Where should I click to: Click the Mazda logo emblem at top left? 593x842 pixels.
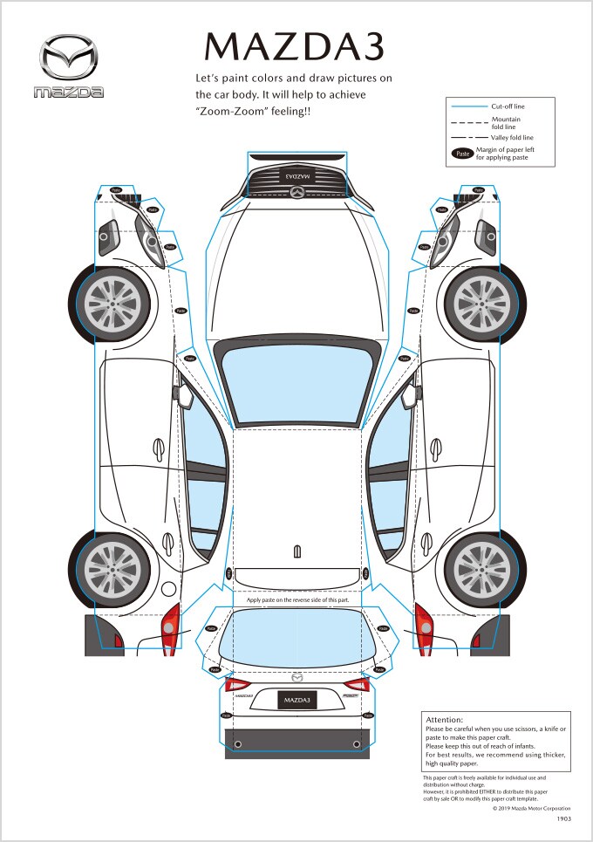coord(69,58)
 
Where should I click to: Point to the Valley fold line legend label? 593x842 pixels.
coord(512,137)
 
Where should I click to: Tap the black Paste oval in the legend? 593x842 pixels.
coord(462,154)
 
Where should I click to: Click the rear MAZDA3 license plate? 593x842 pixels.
coord(297,700)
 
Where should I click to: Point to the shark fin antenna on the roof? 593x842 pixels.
coord(297,551)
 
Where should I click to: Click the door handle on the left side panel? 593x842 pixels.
coord(159,448)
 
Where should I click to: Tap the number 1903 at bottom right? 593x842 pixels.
coord(563,819)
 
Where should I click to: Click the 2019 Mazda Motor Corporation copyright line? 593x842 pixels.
coord(532,809)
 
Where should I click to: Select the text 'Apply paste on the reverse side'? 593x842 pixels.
coord(297,599)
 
